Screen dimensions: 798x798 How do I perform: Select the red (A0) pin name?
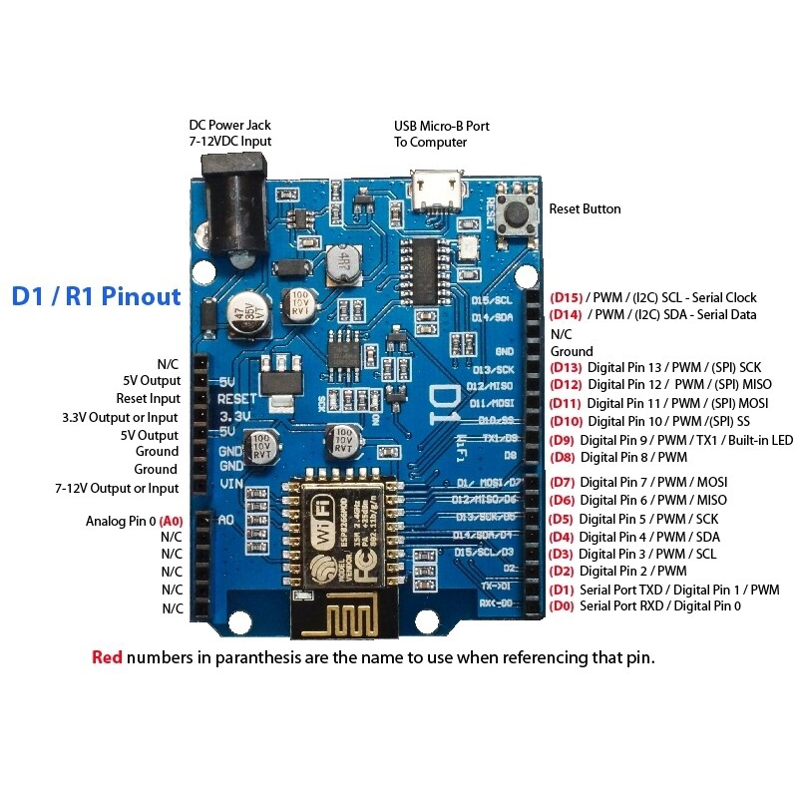(x=172, y=521)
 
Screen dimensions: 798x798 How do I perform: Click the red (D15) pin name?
(x=566, y=297)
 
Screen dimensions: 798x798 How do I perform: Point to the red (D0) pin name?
(x=563, y=605)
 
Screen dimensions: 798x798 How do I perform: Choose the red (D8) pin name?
(x=564, y=457)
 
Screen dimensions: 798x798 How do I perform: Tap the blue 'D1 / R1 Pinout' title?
(x=96, y=296)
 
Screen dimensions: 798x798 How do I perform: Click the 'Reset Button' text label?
(x=585, y=209)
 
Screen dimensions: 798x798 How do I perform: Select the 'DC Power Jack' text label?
(x=229, y=126)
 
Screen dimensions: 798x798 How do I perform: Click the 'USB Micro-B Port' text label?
(x=442, y=126)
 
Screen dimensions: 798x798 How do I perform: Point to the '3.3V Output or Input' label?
(x=121, y=417)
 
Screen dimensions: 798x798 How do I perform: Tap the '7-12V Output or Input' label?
(x=118, y=488)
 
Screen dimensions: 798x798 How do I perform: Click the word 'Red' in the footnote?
(x=107, y=657)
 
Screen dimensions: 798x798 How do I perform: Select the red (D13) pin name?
(x=566, y=366)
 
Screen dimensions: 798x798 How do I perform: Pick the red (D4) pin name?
(x=563, y=537)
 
